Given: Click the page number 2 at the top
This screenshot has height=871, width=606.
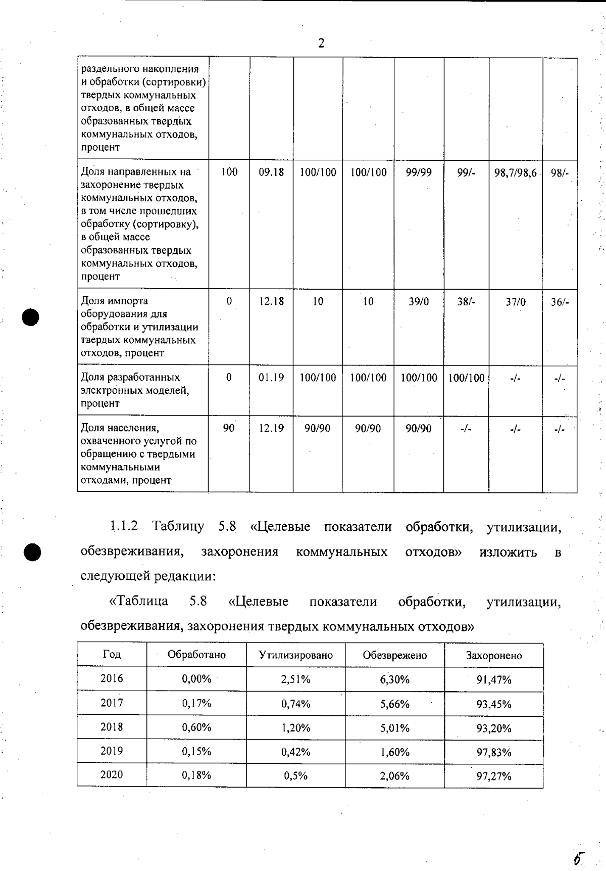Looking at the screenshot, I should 321,43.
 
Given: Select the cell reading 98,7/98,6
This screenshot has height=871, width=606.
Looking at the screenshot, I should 515,173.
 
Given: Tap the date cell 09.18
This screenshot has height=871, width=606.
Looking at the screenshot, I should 271,172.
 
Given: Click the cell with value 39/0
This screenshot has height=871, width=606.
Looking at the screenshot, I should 419,302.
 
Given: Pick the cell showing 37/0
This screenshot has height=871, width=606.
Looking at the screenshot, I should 516,302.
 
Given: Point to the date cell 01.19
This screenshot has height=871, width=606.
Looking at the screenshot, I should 271,378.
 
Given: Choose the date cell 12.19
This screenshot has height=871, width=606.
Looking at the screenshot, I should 271,429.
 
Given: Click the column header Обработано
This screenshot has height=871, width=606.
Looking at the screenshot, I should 196,655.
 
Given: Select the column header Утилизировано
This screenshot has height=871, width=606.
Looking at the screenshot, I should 296,655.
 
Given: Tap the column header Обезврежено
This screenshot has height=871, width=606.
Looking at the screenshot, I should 395,655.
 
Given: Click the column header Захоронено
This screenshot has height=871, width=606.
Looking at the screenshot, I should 494,656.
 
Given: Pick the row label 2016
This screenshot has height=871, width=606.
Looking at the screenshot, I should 112,678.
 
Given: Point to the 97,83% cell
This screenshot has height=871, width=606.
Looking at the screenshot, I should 494,752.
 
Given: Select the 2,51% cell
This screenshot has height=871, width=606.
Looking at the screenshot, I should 296,679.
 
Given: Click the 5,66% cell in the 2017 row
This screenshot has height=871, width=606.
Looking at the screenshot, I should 395,704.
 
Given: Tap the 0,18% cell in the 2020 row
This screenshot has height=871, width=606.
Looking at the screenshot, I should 196,775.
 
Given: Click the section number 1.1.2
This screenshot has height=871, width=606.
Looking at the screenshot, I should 124,526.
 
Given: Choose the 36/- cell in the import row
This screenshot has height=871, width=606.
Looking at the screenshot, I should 560,302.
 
